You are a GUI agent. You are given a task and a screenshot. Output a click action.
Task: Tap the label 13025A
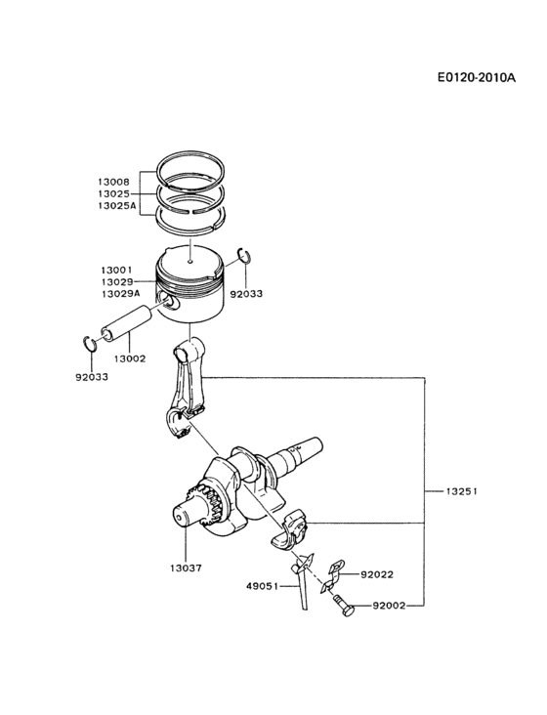coord(116,206)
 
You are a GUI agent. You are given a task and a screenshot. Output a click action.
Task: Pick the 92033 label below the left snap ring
coord(92,374)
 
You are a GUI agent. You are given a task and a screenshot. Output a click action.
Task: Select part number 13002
coord(129,358)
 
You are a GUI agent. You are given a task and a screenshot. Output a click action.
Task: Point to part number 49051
coord(262,587)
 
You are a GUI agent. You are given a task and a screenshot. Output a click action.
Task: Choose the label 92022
coord(376,574)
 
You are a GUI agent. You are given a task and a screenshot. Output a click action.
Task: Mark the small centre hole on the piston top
coord(190,262)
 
